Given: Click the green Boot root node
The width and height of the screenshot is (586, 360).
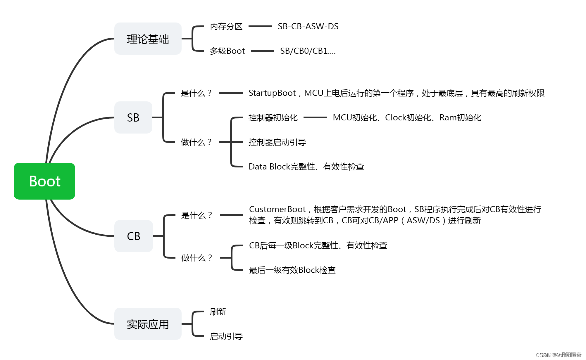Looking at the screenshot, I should click(44, 181).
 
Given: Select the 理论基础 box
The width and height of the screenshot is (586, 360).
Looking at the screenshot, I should click(148, 39).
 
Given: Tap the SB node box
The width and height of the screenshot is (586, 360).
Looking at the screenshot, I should click(133, 117).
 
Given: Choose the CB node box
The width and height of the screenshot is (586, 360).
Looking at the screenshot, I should click(133, 236).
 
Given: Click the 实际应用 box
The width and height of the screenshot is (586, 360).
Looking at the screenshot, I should click(148, 324).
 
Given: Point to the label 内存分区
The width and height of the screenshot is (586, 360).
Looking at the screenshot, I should click(226, 27).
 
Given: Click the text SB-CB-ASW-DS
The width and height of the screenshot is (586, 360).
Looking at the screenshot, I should click(308, 27).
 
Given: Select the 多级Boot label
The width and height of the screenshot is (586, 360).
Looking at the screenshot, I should click(227, 51).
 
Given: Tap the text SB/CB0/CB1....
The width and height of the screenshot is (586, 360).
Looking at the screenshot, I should click(307, 51).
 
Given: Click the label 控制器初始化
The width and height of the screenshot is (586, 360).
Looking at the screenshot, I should click(273, 118).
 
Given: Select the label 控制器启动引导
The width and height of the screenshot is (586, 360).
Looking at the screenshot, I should click(277, 142).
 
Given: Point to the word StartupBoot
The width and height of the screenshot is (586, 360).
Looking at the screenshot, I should click(272, 93).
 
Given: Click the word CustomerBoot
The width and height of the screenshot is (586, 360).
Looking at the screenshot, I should click(277, 210).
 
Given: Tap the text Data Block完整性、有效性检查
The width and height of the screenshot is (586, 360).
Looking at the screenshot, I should click(306, 167).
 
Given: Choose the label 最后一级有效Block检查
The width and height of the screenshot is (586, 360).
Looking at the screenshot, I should click(292, 270).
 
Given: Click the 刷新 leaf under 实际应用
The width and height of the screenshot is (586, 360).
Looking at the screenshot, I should click(218, 312).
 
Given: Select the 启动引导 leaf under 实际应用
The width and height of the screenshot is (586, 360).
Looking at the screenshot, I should click(226, 336).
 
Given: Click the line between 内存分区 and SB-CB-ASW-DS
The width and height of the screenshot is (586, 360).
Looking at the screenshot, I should click(260, 26).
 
